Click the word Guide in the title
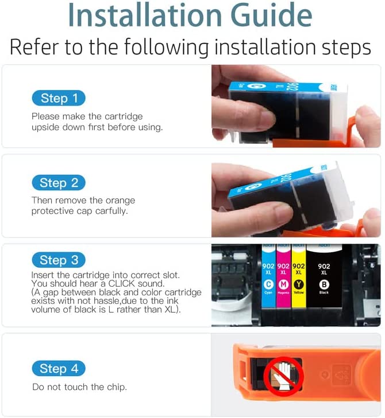271,15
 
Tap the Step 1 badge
59,98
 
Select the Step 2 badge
59,183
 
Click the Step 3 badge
59,260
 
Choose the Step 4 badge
59,369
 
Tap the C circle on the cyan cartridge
268,284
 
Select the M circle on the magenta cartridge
283,284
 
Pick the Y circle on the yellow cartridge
298,284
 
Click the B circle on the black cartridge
324,284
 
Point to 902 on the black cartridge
324,266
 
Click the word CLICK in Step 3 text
122,283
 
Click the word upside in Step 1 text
45,127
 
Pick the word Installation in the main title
145,15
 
